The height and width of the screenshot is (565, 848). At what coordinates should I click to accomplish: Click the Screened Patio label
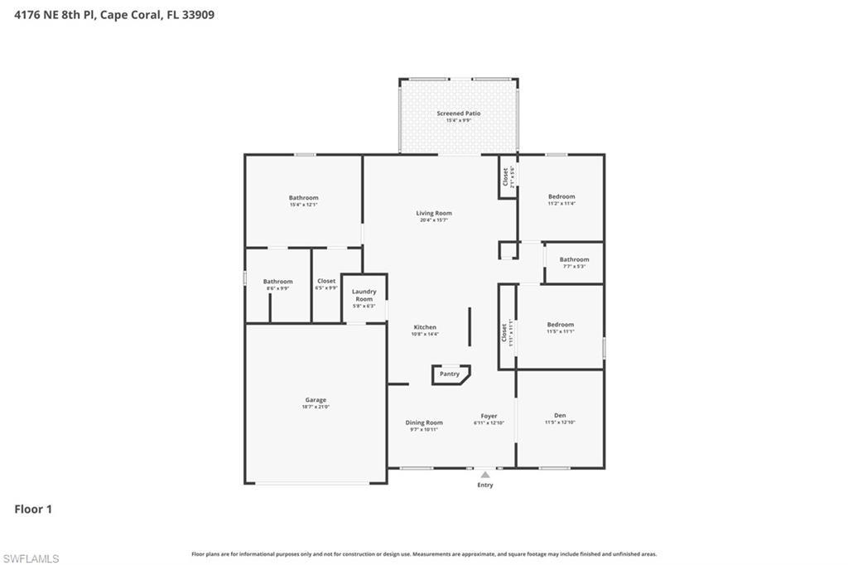pyautogui.click(x=458, y=113)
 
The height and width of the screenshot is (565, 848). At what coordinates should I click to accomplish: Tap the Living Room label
pyautogui.click(x=434, y=214)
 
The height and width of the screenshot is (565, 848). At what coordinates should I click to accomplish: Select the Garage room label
pyautogui.click(x=315, y=400)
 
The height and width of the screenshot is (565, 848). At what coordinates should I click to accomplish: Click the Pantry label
pyautogui.click(x=449, y=374)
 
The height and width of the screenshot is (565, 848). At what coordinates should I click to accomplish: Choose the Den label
pyautogui.click(x=560, y=416)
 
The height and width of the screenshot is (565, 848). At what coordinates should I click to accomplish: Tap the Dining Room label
pyautogui.click(x=424, y=423)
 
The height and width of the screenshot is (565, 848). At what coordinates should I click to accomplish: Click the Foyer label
pyautogui.click(x=489, y=416)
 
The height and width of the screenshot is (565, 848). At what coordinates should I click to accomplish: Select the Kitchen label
pyautogui.click(x=425, y=327)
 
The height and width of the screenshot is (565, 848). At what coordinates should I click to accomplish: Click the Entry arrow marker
pyautogui.click(x=485, y=475)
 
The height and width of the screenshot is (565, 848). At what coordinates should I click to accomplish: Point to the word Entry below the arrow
pyautogui.click(x=485, y=485)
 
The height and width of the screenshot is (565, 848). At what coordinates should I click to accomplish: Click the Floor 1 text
pyautogui.click(x=33, y=509)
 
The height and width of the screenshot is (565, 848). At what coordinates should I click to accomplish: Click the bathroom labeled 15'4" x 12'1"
pyautogui.click(x=303, y=198)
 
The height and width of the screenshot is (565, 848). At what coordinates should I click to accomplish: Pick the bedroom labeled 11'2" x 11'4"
pyautogui.click(x=561, y=196)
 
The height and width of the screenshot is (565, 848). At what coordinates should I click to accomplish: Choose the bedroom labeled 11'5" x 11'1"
pyautogui.click(x=560, y=325)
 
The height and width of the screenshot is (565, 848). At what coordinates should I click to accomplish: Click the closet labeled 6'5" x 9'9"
pyautogui.click(x=326, y=282)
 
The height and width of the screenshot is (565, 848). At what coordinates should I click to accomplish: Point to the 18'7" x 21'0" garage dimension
pyautogui.click(x=315, y=408)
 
